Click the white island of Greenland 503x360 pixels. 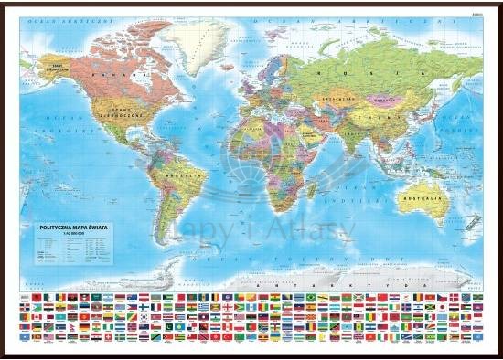[x=205, y=41]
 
